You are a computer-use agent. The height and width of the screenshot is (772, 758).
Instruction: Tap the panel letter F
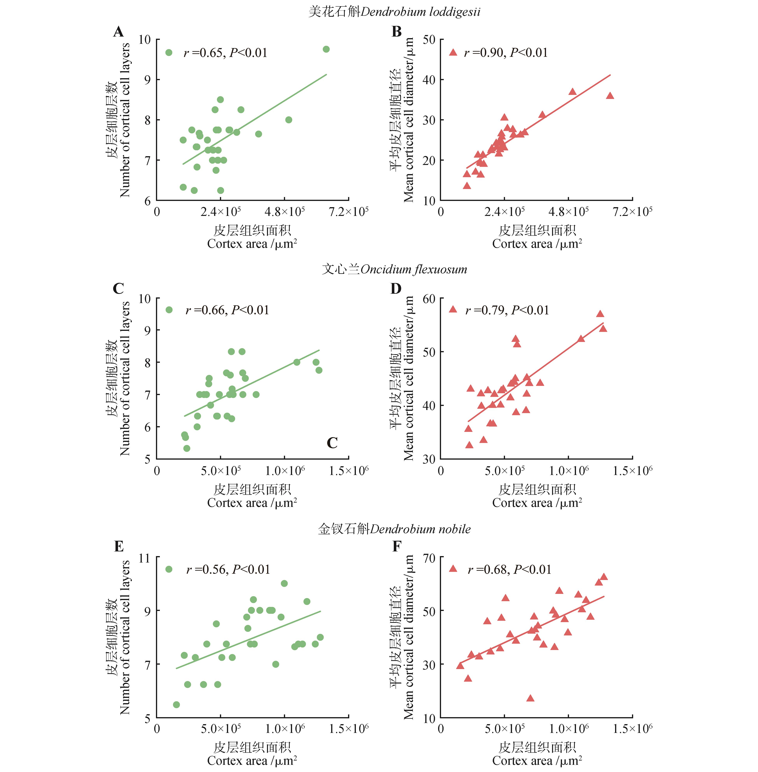[397, 546]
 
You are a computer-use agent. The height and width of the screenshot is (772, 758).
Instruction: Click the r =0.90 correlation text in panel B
[506, 53]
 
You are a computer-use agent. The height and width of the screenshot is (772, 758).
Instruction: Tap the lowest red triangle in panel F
[530, 698]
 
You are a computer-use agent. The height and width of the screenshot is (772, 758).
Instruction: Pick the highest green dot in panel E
[284, 583]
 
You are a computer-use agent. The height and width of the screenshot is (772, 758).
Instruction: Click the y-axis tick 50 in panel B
[429, 39]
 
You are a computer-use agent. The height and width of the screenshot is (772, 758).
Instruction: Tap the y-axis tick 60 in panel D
[429, 298]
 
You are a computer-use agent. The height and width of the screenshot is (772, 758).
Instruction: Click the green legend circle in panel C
[169, 310]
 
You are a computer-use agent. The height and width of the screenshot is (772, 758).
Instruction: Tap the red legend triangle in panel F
[453, 569]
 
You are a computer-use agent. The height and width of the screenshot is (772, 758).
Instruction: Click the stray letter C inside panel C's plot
[332, 443]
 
